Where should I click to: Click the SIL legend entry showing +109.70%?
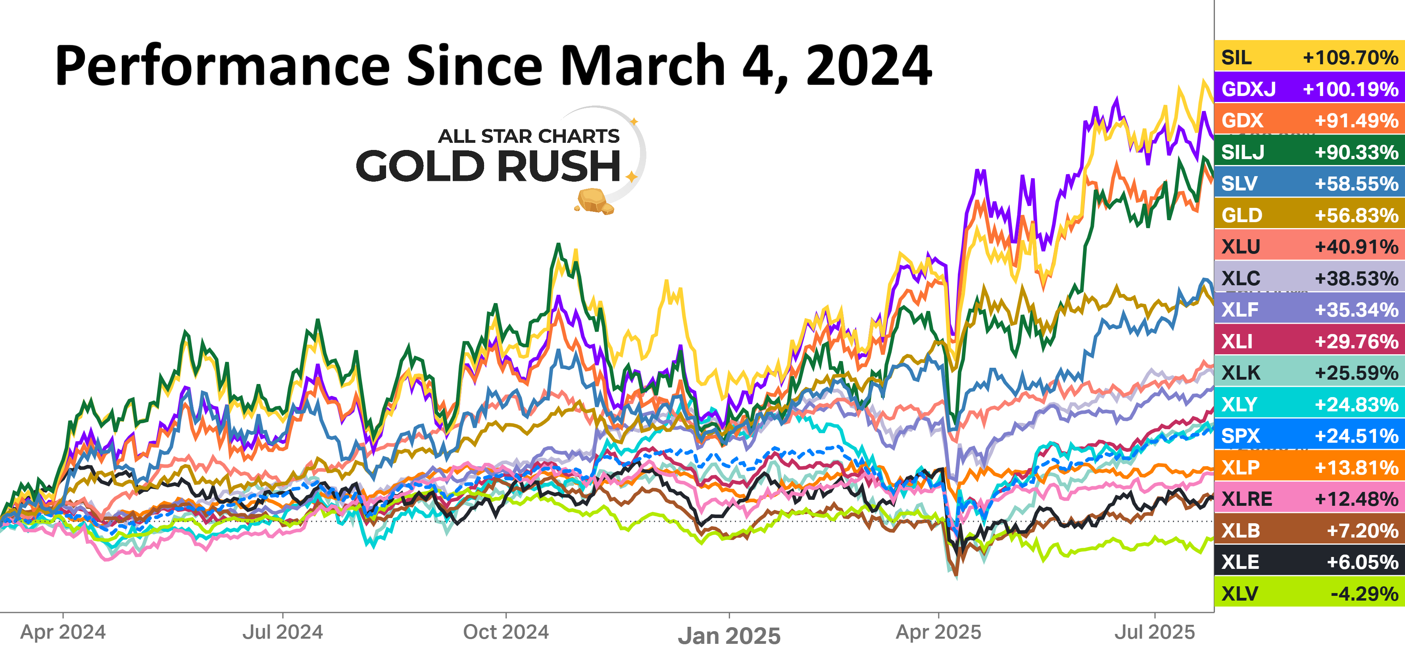point(1309,57)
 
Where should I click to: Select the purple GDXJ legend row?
point(1309,88)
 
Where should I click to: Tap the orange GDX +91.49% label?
point(1309,120)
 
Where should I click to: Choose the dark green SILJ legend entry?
point(1309,152)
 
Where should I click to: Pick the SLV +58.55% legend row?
point(1309,183)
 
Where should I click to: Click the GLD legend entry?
point(1309,215)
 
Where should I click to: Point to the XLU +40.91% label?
point(1309,246)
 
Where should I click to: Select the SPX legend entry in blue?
point(1309,436)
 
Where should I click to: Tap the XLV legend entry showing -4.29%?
point(1309,593)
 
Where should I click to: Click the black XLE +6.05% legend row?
point(1309,562)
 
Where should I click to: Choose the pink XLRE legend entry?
point(1309,499)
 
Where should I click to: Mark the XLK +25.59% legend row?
point(1309,373)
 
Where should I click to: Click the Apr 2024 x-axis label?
point(63,632)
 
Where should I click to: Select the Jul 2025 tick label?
point(1154,632)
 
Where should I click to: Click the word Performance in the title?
point(223,67)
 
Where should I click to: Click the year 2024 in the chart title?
point(868,67)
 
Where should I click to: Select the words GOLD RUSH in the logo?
point(488,166)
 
